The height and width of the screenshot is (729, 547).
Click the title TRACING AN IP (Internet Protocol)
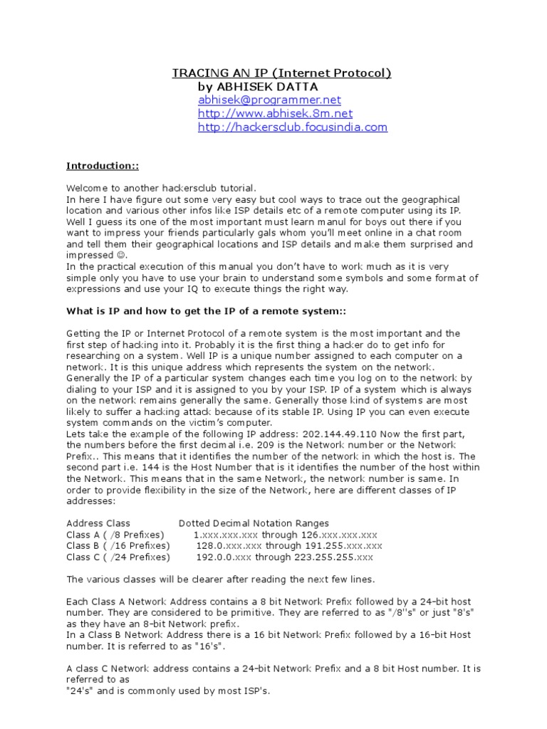pyautogui.click(x=281, y=73)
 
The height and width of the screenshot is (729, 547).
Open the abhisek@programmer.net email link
pyautogui.click(x=269, y=100)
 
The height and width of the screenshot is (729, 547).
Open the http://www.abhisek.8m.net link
pyautogui.click(x=275, y=114)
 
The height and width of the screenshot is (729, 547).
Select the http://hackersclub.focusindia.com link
pyautogui.click(x=292, y=127)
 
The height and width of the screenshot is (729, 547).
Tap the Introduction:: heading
pyautogui.click(x=103, y=166)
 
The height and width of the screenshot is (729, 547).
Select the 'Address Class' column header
pyautogui.click(x=98, y=523)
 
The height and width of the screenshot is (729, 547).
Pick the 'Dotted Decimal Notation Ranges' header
pyautogui.click(x=254, y=523)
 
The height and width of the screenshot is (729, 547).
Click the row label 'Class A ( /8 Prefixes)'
pyautogui.click(x=115, y=535)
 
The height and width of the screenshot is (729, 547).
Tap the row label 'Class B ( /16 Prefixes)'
pyautogui.click(x=118, y=546)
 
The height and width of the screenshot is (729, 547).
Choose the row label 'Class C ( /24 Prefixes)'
pyautogui.click(x=118, y=557)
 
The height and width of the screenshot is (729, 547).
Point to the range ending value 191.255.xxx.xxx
pyautogui.click(x=343, y=546)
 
